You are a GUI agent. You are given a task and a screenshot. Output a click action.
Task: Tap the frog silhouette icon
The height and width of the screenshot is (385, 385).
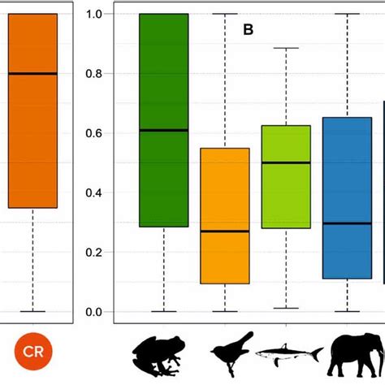163,354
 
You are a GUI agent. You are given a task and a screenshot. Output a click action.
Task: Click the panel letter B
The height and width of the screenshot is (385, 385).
249,31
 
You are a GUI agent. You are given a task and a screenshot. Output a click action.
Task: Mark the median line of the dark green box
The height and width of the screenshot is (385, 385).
164,130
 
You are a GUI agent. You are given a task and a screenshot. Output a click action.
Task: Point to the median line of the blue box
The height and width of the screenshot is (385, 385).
347,223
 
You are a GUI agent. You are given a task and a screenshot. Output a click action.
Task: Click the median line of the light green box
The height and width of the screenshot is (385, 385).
286,162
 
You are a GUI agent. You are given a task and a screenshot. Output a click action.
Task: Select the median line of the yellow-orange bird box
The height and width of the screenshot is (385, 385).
225,231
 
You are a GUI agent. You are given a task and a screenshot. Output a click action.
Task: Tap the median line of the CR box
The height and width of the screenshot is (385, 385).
32,73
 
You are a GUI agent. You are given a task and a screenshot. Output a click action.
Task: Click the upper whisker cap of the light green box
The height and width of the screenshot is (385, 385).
286,48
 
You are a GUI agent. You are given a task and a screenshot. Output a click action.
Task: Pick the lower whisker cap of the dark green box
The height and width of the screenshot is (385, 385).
164,311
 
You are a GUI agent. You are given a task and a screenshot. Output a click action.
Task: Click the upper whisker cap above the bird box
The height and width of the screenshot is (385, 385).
225,14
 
